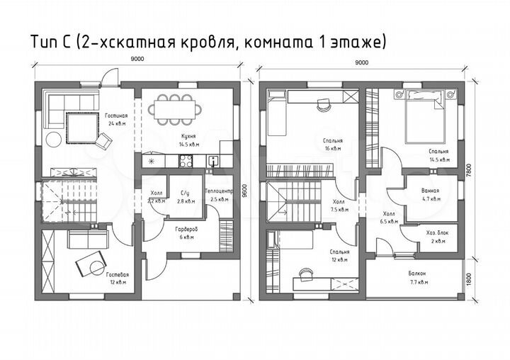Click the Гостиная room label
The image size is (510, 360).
pyautogui.click(x=118, y=115)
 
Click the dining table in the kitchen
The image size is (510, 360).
pyautogui.click(x=178, y=108)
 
